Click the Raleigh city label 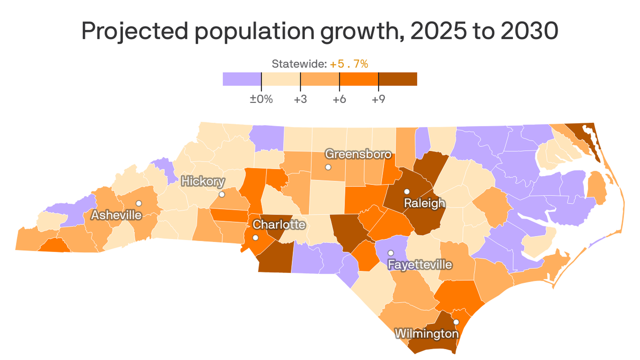[424, 203]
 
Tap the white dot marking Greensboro [328, 167]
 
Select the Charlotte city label [279, 225]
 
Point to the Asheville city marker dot [139, 203]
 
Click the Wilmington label [427, 334]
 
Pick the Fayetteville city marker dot [391, 253]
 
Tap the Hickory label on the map [203, 182]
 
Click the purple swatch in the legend [242, 79]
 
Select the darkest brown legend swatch [398, 79]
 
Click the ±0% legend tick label [261, 99]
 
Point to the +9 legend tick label [378, 99]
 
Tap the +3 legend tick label [300, 99]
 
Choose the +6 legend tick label [339, 99]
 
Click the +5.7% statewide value [349, 64]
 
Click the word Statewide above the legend [299, 64]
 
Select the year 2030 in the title [529, 31]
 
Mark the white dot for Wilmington [456, 322]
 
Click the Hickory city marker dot [222, 194]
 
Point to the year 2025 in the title [439, 31]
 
